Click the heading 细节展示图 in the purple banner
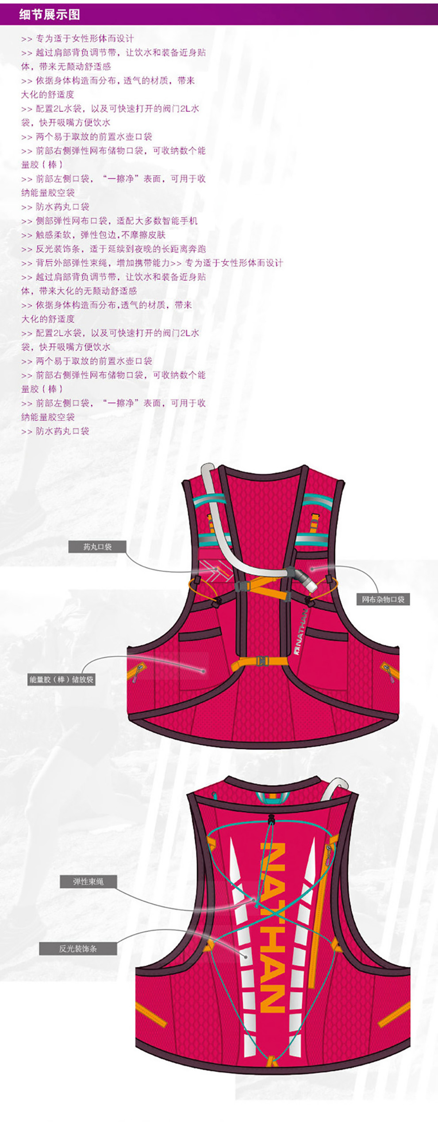(50, 15)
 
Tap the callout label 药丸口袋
(97, 547)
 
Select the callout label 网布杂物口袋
(383, 599)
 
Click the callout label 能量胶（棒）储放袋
(61, 679)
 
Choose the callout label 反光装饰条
(78, 948)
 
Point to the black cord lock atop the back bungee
(271, 819)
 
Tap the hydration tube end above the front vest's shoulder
(207, 470)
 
